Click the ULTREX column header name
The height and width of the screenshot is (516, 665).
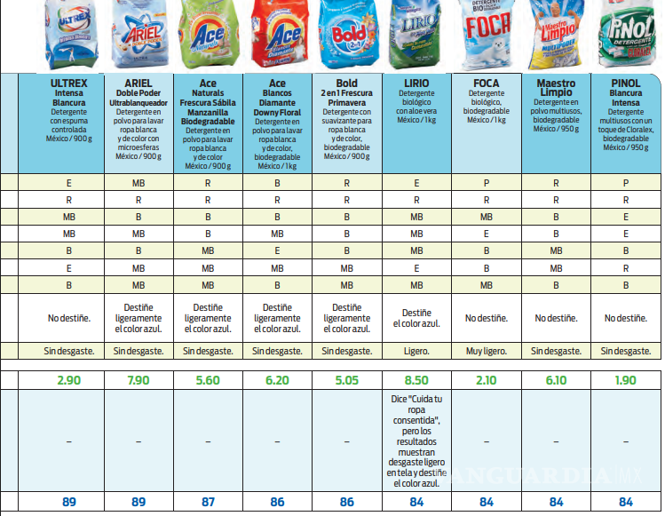[x=69, y=83]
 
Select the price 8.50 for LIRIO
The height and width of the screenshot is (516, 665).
[x=417, y=379]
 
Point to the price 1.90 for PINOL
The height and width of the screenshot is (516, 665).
[x=627, y=379]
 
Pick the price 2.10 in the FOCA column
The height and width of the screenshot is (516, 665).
[x=487, y=379]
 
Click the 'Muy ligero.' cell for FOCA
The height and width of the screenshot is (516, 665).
[x=487, y=351]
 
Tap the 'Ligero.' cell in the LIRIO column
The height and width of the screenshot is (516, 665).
[x=417, y=351]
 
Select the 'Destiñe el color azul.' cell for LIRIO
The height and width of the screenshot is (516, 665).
[x=417, y=318]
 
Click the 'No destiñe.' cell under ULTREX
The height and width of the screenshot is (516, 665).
[x=69, y=318]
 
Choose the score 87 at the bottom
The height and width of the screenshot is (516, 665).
[x=208, y=502]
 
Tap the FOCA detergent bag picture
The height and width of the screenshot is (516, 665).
[x=487, y=36]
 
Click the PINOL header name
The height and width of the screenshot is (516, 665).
[x=627, y=83]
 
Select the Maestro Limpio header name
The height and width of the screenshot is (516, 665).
[x=557, y=89]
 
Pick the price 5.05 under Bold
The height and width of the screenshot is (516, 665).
[x=346, y=379]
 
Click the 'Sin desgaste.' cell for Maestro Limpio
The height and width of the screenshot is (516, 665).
[x=557, y=351]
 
